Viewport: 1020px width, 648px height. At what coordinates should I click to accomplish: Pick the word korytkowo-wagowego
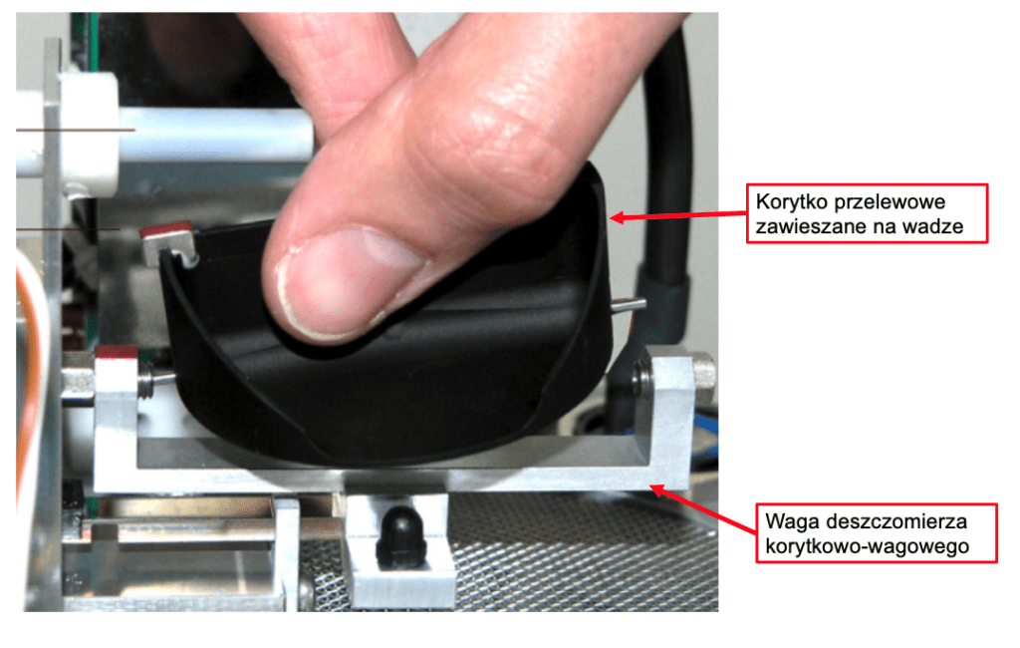(x=868, y=545)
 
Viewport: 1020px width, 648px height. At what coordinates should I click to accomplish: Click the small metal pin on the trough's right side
(x=630, y=304)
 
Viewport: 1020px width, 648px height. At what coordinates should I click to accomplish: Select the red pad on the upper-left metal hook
(x=166, y=228)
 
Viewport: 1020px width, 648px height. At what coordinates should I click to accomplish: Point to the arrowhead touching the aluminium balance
(x=659, y=489)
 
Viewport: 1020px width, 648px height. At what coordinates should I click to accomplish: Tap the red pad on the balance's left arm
(x=116, y=352)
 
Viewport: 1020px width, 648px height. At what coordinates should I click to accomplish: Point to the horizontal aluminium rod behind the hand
(x=215, y=135)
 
